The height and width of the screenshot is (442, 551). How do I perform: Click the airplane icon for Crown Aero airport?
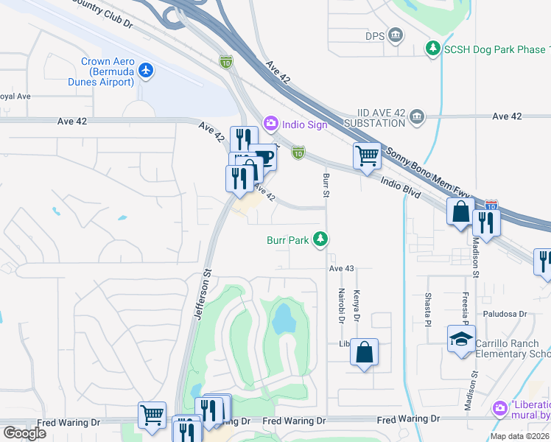pos(147,70)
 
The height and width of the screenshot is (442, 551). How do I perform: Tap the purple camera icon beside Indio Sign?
pos(270,124)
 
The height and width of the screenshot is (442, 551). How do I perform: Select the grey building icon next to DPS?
pos(396,35)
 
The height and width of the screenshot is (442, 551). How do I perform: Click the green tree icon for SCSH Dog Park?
pos(433,49)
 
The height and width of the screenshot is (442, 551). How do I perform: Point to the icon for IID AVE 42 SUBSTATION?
pos(417,116)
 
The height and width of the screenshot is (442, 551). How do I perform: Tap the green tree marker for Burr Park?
pos(320,239)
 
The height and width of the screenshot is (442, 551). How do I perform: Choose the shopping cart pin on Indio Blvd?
pos(367,155)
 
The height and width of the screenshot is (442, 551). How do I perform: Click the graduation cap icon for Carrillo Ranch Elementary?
pos(461,339)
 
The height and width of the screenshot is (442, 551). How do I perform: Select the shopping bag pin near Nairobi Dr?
pos(365,352)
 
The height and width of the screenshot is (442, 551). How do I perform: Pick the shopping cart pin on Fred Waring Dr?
pos(152,415)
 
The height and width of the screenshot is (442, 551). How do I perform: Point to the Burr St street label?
pos(324,186)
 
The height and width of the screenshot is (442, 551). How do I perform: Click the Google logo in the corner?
pos(24,433)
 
